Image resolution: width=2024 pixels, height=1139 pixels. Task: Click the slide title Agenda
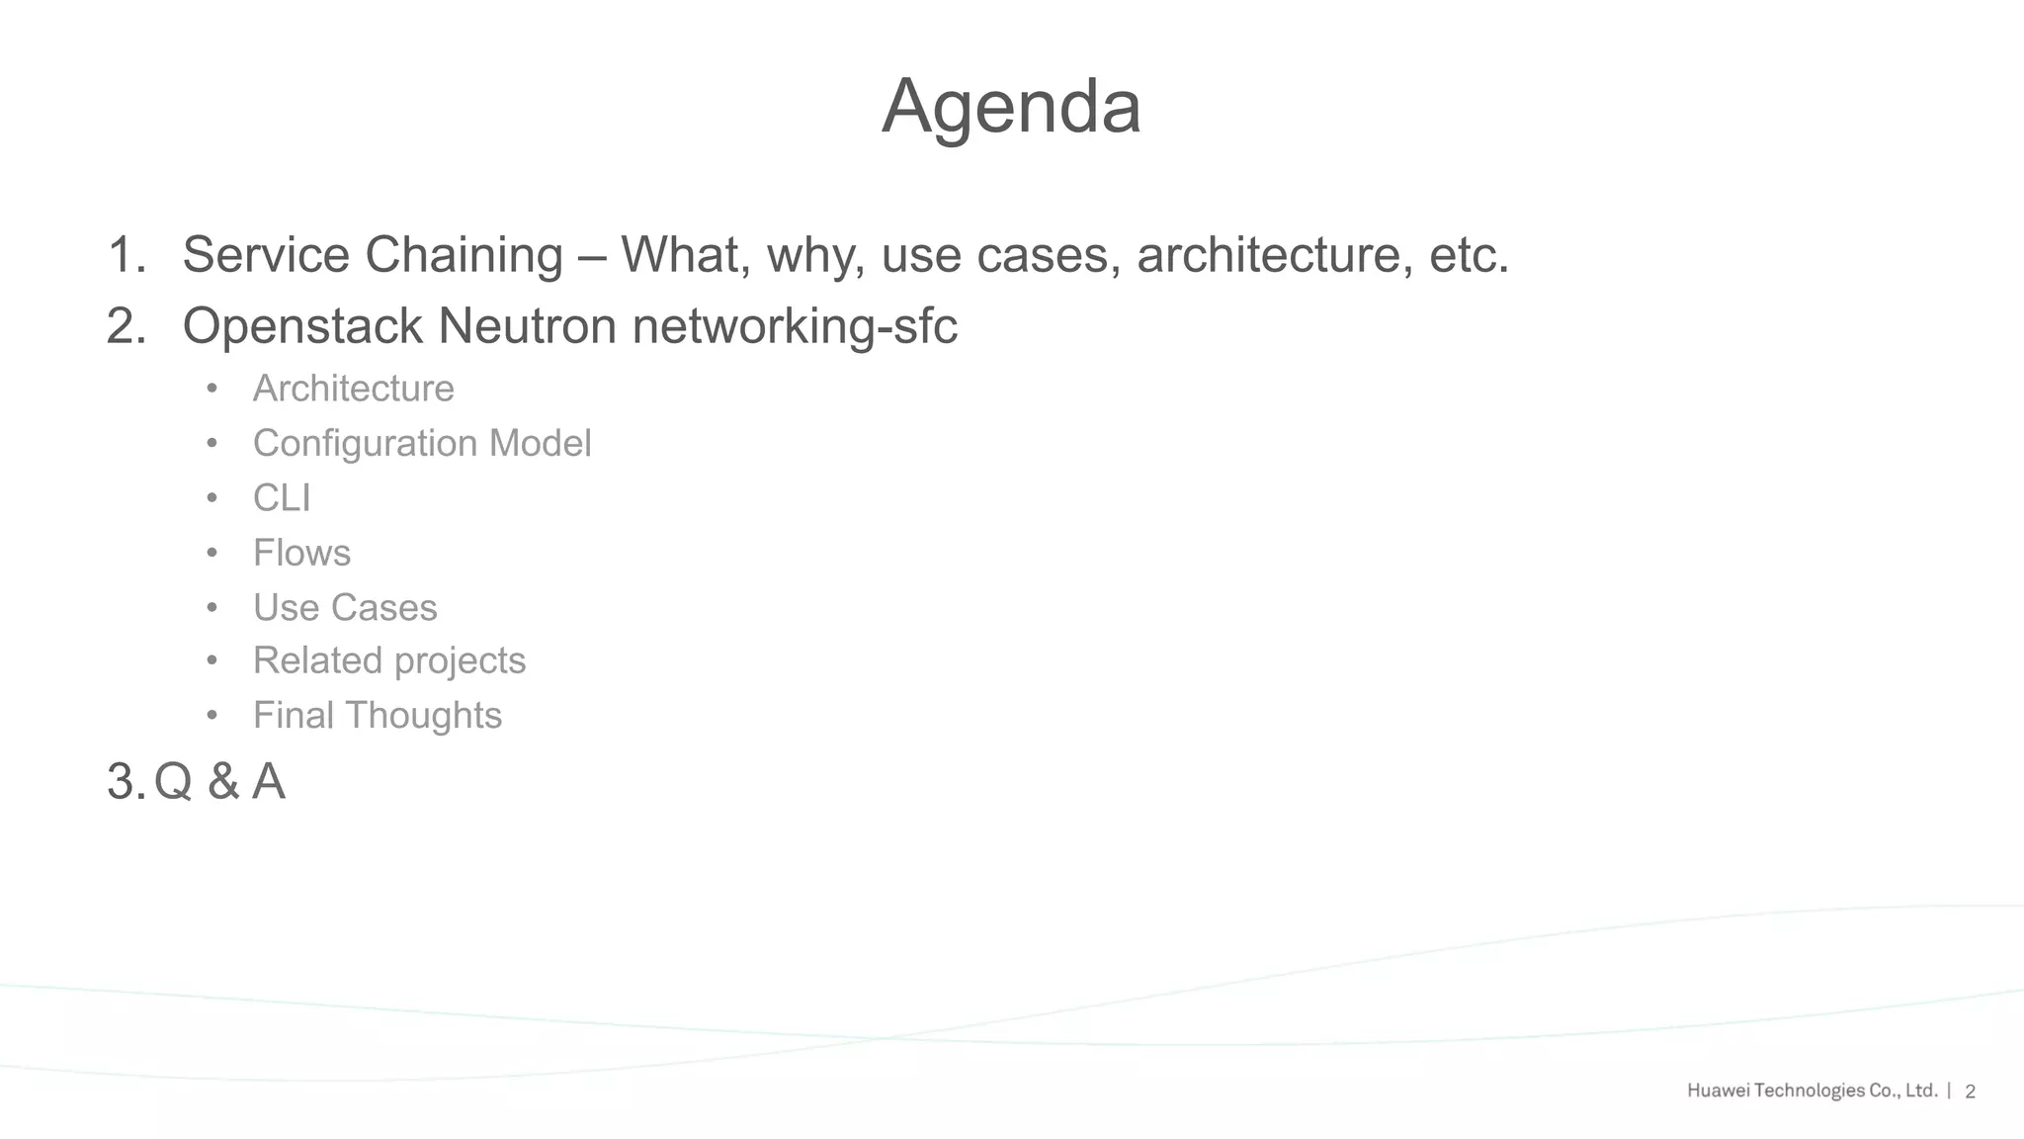click(x=1011, y=107)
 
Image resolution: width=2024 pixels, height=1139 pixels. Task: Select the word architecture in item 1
click(x=1268, y=255)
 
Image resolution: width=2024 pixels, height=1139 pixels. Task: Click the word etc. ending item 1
click(x=1470, y=255)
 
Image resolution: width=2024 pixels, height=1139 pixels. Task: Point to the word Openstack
click(x=302, y=326)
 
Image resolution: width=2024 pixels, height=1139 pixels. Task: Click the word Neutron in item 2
click(x=527, y=326)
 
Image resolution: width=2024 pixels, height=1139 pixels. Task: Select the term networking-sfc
click(x=795, y=326)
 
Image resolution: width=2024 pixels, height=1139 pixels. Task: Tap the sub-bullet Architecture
click(x=353, y=389)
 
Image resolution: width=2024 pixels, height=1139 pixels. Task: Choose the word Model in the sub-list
click(x=540, y=444)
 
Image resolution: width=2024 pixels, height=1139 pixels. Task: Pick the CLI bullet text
click(x=282, y=498)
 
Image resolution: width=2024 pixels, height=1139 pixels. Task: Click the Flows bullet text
click(x=301, y=553)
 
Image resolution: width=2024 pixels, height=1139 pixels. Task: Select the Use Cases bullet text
click(x=345, y=608)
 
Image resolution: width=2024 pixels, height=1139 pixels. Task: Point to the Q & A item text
click(x=219, y=782)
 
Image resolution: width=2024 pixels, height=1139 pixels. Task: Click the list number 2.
click(x=126, y=326)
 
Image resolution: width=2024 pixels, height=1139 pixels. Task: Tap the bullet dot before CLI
click(x=211, y=498)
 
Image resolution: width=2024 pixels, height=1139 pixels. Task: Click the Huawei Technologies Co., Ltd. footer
click(x=1812, y=1091)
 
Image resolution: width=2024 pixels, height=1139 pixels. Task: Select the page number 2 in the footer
click(x=1970, y=1092)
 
